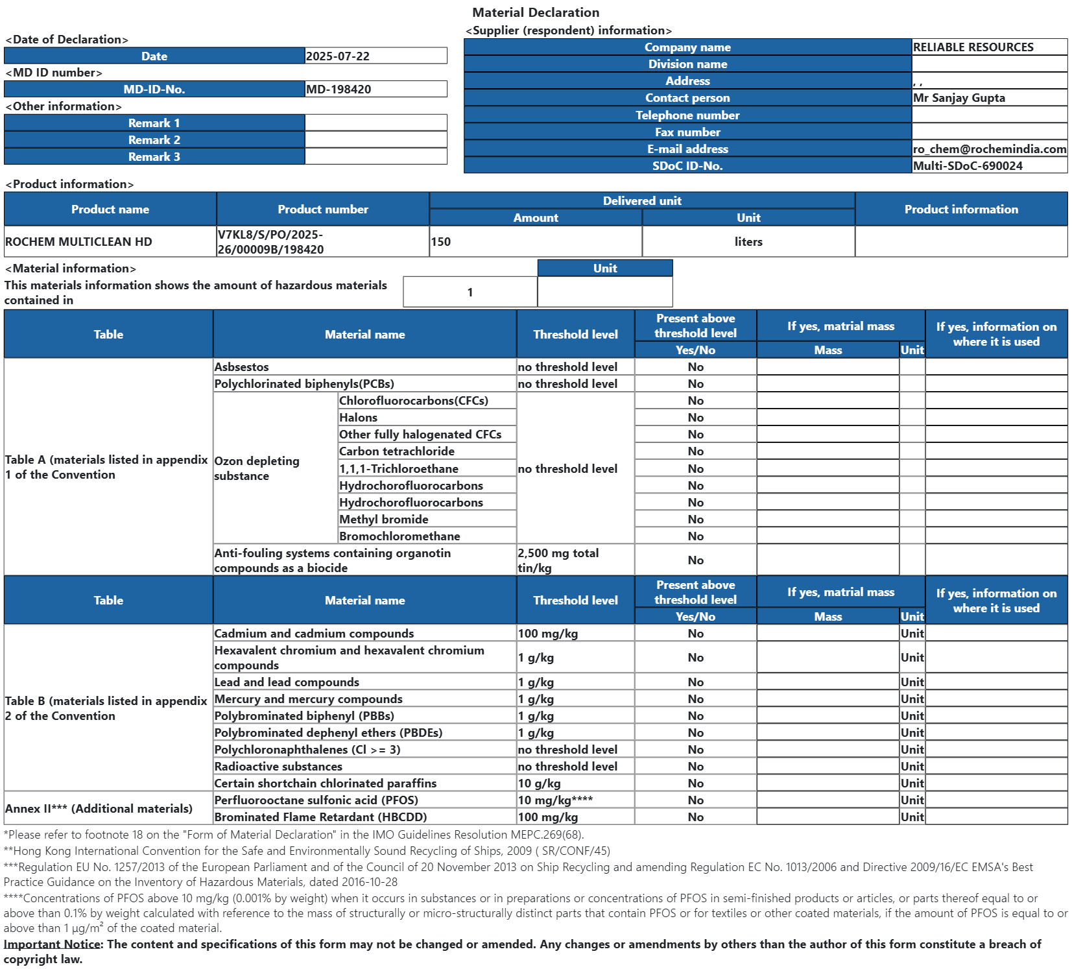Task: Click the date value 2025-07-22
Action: coord(338,56)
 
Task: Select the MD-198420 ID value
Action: coord(339,90)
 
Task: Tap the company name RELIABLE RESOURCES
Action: coord(973,47)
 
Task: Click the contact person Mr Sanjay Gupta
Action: coord(959,98)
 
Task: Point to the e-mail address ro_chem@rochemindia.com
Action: coord(989,149)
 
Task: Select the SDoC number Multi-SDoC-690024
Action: coord(968,166)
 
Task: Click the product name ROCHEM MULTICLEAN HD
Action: coord(78,242)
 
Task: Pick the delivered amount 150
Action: coord(441,242)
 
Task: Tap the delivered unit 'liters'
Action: coord(748,242)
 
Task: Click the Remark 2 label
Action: coord(154,140)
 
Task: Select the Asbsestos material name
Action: coord(241,367)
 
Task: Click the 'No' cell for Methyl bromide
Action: coord(695,520)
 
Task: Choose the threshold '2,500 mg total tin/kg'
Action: coord(558,560)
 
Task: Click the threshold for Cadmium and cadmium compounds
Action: coord(547,634)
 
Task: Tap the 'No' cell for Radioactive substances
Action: coord(695,767)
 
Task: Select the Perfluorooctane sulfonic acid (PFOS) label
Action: coord(316,800)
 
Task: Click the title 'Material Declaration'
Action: coord(535,12)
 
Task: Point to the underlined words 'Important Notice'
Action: coord(52,944)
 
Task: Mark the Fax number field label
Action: coord(687,132)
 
